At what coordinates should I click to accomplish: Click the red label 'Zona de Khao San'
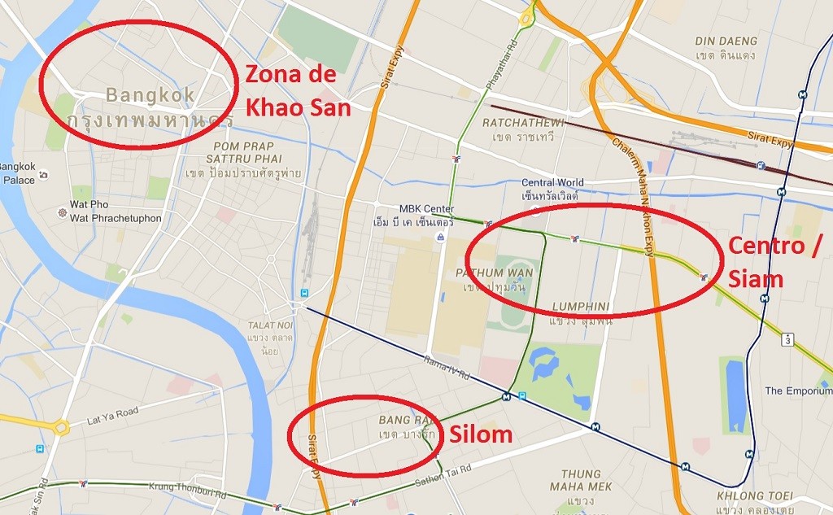tap(298, 91)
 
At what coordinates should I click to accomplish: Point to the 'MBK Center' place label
tap(426, 209)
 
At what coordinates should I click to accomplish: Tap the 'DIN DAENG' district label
tap(726, 41)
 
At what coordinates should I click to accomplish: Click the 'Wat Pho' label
tap(89, 204)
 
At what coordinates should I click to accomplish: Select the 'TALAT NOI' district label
tap(269, 325)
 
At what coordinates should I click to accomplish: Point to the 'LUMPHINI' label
tap(581, 307)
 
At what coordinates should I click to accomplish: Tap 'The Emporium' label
tap(798, 391)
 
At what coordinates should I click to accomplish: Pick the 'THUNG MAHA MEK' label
tap(580, 480)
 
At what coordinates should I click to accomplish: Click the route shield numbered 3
tap(788, 338)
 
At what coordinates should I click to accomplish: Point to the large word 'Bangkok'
tap(150, 95)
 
